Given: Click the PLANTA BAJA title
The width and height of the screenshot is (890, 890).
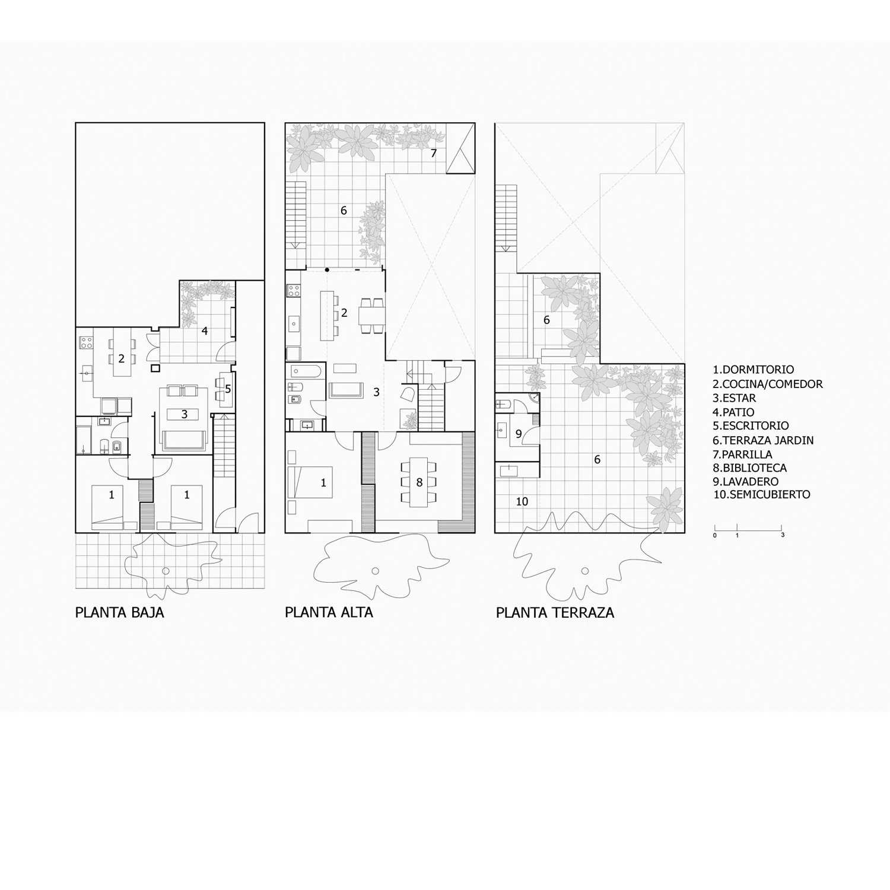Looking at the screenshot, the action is click(x=119, y=612).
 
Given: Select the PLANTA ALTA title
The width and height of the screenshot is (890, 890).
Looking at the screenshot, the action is click(x=329, y=612).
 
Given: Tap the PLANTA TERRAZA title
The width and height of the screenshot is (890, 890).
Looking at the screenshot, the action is click(x=555, y=612).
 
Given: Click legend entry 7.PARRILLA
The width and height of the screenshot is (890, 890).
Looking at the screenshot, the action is click(x=742, y=454).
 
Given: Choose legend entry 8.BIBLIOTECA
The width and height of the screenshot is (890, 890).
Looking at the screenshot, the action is click(x=749, y=468).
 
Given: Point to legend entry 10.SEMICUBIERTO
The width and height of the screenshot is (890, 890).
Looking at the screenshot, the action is click(x=761, y=495).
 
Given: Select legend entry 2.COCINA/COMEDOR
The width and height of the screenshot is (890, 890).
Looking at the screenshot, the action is click(x=768, y=384).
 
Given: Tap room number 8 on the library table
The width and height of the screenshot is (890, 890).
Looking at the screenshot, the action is click(x=419, y=483).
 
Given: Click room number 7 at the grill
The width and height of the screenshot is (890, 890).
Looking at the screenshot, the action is click(x=434, y=154).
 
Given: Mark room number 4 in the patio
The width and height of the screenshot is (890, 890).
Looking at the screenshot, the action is click(x=205, y=331).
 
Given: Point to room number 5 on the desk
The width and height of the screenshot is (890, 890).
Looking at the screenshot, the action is click(x=228, y=389).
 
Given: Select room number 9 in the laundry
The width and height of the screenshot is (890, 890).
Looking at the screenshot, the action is click(x=519, y=434).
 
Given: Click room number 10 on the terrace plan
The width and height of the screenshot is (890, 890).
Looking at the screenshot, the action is click(x=522, y=502).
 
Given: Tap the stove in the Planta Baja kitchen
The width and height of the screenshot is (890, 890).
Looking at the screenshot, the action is click(x=86, y=342).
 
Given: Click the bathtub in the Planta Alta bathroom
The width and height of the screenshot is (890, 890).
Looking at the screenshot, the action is click(x=306, y=372).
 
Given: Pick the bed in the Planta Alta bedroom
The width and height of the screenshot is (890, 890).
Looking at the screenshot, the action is click(x=310, y=482).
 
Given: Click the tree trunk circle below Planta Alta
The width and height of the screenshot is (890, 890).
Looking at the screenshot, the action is click(x=375, y=571).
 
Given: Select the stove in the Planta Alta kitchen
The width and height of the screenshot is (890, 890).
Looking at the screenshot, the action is click(x=294, y=291).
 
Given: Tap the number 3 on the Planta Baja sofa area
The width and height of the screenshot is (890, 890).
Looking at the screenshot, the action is click(x=185, y=415).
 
